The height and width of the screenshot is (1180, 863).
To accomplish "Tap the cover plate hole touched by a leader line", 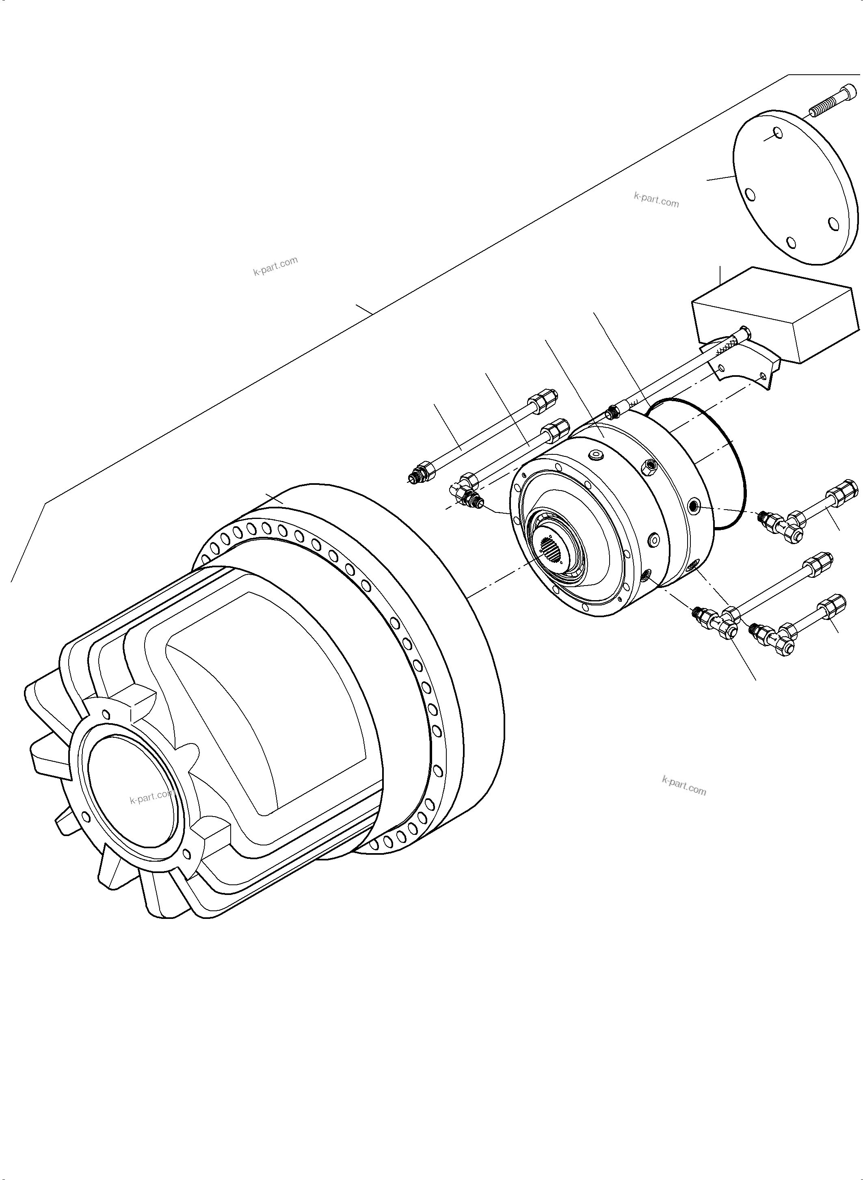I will point(779,120).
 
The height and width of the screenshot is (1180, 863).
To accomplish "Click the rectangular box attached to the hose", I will point(776,313).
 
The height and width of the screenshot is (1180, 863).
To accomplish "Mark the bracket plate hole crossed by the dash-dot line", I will point(764,375).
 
